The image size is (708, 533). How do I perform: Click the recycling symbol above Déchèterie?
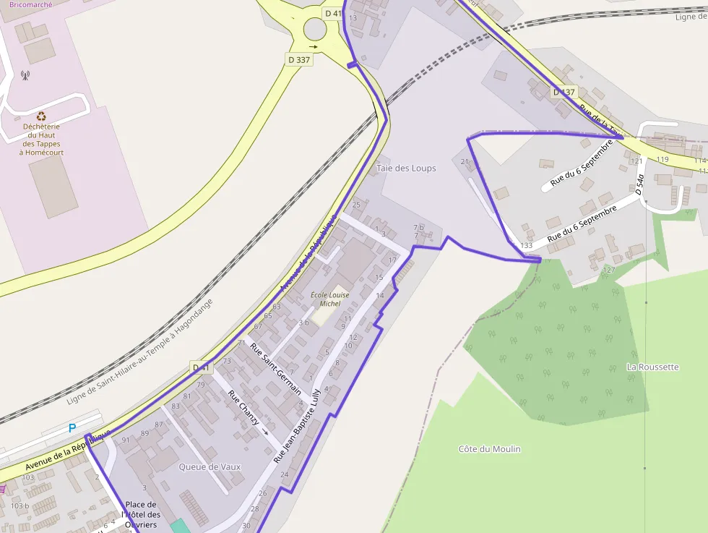[41, 116]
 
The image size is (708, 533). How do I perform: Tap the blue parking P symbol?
[72, 428]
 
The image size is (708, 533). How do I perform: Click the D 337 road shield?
[299, 60]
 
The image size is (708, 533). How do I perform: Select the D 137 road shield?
[564, 92]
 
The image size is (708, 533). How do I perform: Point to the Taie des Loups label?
[406, 169]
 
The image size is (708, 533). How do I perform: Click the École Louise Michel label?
[329, 299]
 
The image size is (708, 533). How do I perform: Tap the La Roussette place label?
[652, 367]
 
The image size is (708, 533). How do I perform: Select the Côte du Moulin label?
[489, 449]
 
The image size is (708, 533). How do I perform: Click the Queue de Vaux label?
[210, 467]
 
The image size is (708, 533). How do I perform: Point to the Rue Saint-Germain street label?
[275, 368]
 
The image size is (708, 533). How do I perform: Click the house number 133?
[526, 246]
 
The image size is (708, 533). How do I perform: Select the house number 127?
[609, 270]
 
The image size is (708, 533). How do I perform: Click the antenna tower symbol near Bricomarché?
[25, 74]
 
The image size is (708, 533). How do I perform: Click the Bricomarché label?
[30, 4]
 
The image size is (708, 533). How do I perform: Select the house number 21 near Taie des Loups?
[465, 161]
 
